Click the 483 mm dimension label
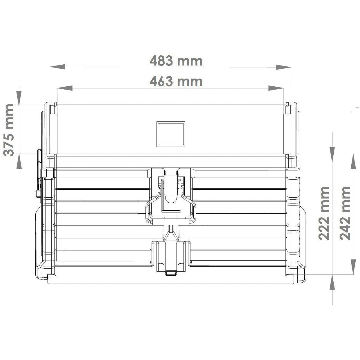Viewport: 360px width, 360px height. point(176,61)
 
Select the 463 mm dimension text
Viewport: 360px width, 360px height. point(176,81)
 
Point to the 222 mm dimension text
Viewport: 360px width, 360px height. point(324,213)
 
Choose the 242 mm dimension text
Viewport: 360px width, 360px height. point(345,213)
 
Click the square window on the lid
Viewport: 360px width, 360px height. point(170,134)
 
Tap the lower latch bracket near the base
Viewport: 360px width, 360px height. point(170,255)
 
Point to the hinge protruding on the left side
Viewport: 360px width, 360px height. point(39,174)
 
